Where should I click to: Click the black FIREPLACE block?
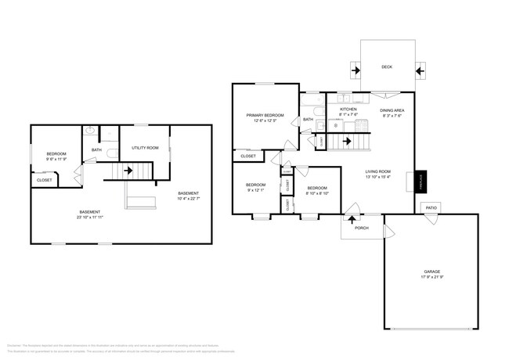pyautogui.click(x=421, y=182)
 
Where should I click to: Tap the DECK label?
pyautogui.click(x=387, y=67)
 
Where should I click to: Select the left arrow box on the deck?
pyautogui.click(x=356, y=70)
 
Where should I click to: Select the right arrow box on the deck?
pyautogui.click(x=418, y=70)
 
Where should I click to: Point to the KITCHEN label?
pyautogui.click(x=348, y=110)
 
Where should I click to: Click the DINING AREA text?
pyautogui.click(x=392, y=110)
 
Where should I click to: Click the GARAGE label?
pyautogui.click(x=432, y=272)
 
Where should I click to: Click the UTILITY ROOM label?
pyautogui.click(x=145, y=147)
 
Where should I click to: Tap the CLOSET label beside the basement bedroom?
pyautogui.click(x=45, y=181)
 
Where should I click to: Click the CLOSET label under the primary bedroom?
pyautogui.click(x=247, y=157)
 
